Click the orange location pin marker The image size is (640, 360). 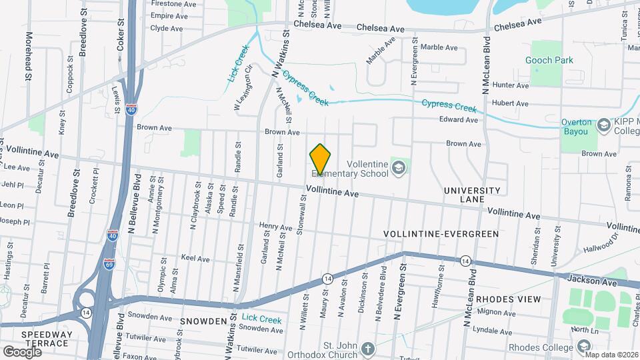[x=321, y=159]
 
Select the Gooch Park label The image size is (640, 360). [x=549, y=60]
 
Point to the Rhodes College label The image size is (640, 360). [x=540, y=347]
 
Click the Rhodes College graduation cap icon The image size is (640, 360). [x=584, y=347]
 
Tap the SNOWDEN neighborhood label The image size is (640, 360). [x=203, y=321]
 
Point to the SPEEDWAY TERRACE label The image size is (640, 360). [x=45, y=339]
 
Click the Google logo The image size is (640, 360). [x=22, y=351]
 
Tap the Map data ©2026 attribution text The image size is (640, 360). [x=611, y=355]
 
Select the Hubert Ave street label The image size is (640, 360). [x=510, y=103]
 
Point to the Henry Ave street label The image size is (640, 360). [x=276, y=227]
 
